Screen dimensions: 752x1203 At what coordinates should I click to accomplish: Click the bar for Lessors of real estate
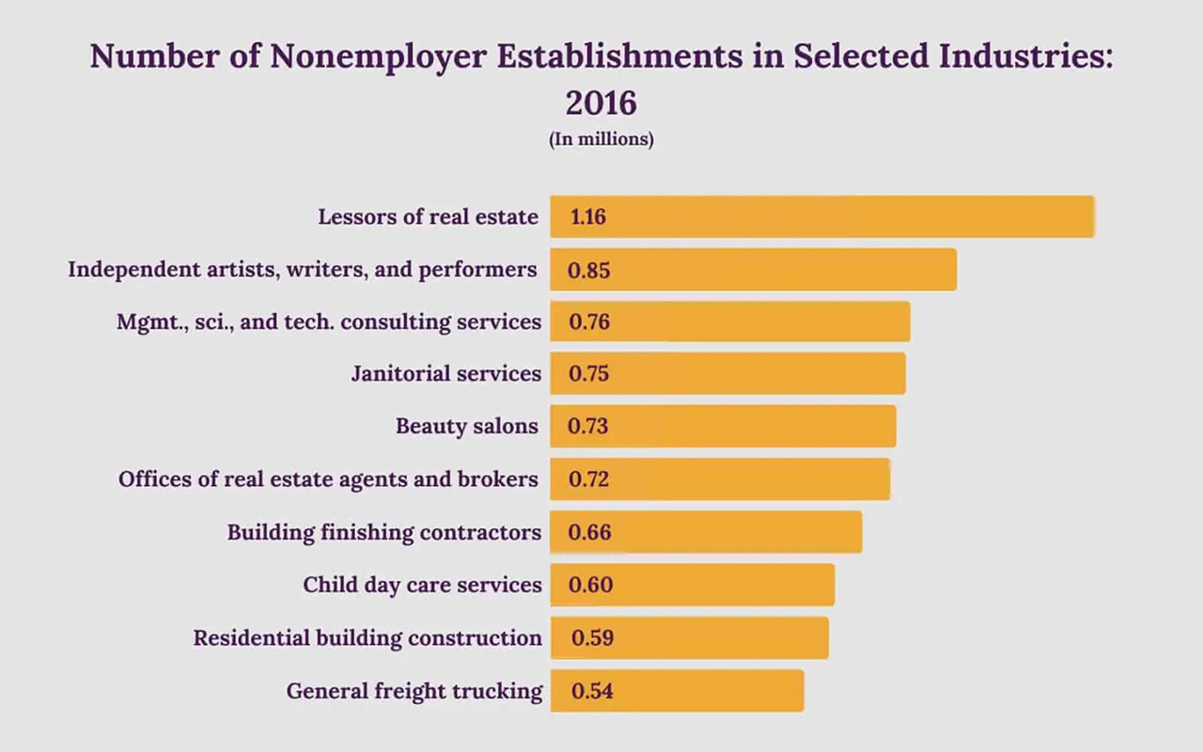tap(821, 216)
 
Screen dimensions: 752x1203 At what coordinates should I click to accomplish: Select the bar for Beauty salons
tap(723, 427)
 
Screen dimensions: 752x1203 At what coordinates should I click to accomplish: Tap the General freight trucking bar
tap(677, 691)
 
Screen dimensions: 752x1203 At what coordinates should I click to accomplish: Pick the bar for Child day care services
tap(692, 585)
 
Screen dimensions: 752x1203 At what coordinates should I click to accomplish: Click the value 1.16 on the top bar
tap(588, 217)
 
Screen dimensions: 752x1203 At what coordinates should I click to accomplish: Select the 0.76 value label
tap(589, 322)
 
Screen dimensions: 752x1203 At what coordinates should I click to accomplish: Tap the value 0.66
tap(589, 533)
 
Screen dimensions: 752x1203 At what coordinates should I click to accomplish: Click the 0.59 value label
tap(592, 638)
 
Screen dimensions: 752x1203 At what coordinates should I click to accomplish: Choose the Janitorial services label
tap(446, 374)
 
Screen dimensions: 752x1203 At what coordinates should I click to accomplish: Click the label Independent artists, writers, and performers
tap(303, 270)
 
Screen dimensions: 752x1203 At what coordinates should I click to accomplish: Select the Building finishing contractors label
tap(384, 533)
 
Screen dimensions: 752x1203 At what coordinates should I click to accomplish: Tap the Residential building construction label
tap(367, 638)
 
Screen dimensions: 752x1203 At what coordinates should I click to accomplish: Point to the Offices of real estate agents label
tap(328, 479)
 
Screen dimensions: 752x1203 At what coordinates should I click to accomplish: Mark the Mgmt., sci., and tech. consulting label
tap(329, 322)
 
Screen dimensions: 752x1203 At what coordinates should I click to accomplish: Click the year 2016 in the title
tap(601, 102)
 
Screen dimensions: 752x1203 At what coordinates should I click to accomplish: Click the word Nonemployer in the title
tap(379, 56)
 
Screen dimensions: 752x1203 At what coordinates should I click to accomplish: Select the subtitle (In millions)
tap(601, 139)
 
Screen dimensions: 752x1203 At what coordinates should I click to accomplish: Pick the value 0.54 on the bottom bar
tap(592, 691)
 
